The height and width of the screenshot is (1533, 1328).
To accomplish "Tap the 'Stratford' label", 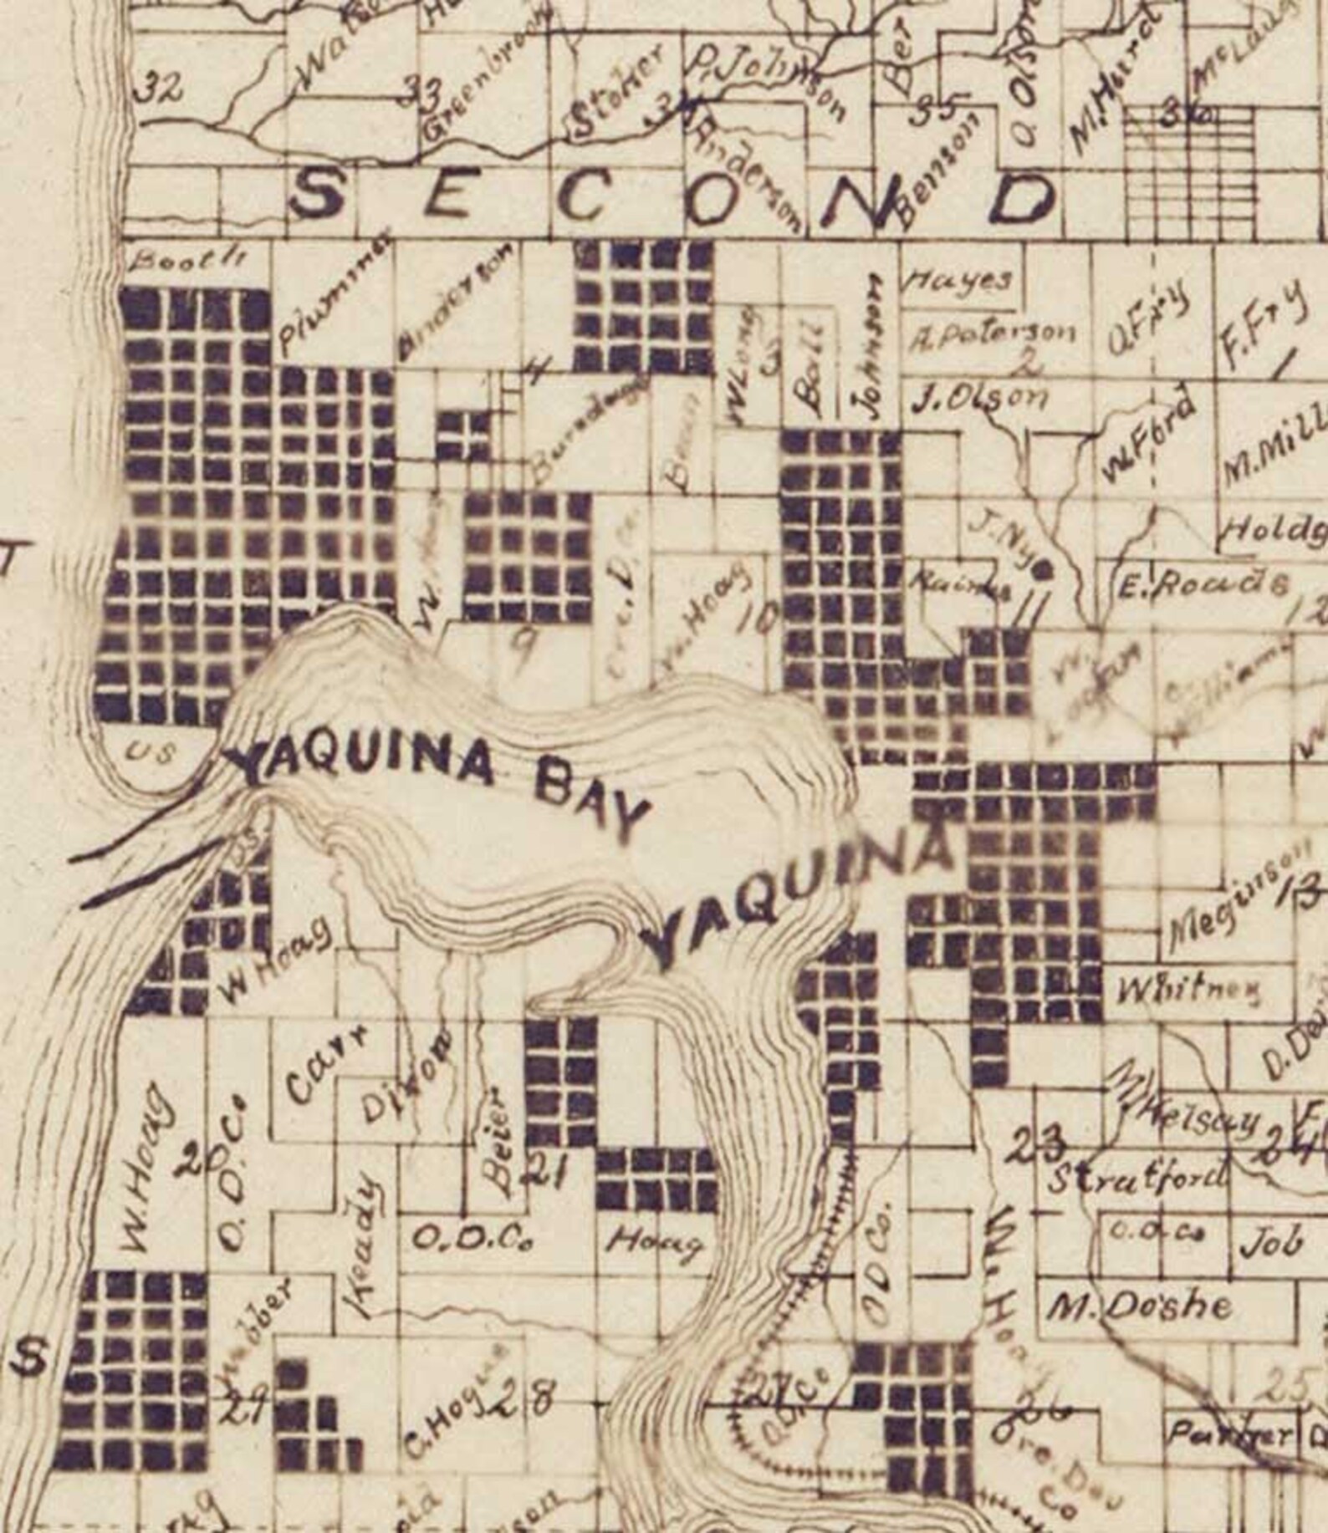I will [x=1138, y=1181].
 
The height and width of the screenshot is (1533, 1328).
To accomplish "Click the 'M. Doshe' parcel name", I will [x=1142, y=1306].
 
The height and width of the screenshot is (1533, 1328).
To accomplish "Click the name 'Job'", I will [x=1272, y=1244].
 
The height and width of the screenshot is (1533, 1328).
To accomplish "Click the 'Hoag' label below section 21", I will [x=653, y=1244].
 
